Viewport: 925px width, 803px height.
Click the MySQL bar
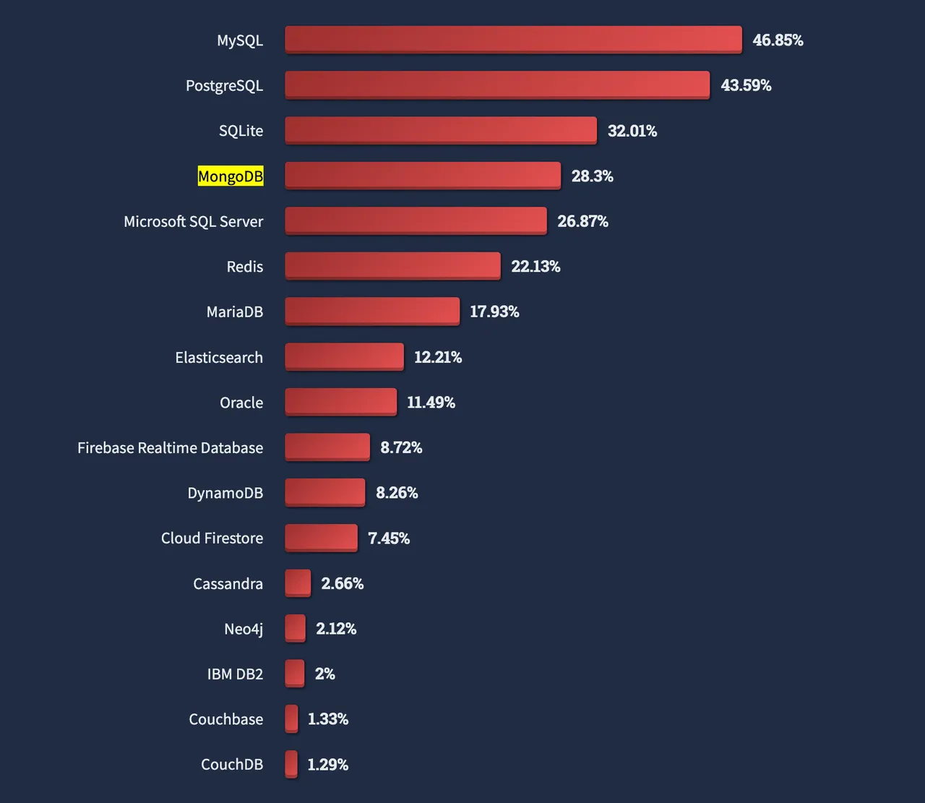click(x=513, y=40)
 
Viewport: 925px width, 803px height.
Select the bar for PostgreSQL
click(x=497, y=85)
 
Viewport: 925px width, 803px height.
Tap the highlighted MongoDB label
click(x=231, y=176)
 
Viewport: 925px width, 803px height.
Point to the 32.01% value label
click(x=632, y=131)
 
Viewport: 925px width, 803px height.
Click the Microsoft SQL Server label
click(x=193, y=221)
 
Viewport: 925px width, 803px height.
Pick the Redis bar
click(x=392, y=266)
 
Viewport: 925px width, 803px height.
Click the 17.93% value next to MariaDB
click(x=494, y=312)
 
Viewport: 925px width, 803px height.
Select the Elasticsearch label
click(x=219, y=357)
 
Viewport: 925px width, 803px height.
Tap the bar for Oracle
click(x=340, y=402)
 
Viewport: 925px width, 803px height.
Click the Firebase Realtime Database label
click(x=170, y=447)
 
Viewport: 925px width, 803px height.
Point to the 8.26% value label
click(x=397, y=493)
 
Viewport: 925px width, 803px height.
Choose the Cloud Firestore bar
click(x=321, y=538)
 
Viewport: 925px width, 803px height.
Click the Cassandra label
click(x=228, y=583)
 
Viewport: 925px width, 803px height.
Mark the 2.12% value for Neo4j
click(x=336, y=629)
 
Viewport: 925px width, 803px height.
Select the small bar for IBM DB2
click(x=294, y=674)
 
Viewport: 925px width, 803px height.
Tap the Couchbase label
click(x=225, y=719)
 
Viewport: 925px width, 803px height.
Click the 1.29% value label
click(x=327, y=765)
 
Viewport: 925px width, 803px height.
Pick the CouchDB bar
click(x=291, y=764)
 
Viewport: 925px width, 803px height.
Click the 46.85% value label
click(x=778, y=40)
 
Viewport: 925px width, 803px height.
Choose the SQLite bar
click(x=441, y=130)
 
